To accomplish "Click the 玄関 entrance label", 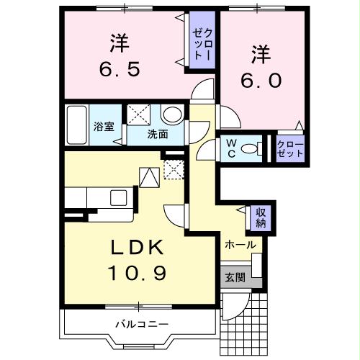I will coord(235,276).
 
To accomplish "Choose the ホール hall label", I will coord(240,245).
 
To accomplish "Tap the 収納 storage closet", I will coord(260,217).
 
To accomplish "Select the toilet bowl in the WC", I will coord(251,149).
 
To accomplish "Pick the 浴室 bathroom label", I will coord(103,127).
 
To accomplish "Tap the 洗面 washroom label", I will coord(158,134).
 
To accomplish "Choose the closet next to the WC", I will coord(290,149).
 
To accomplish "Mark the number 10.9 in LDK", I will coord(140,274).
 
